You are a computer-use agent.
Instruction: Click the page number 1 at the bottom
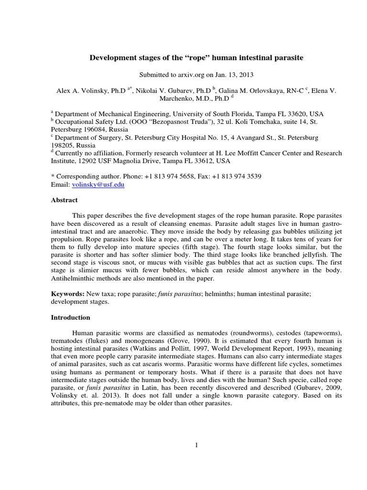click(x=196, y=445)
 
